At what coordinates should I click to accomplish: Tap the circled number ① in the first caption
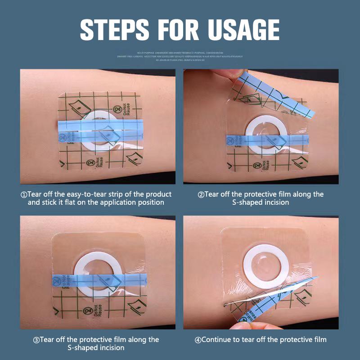(x=24, y=194)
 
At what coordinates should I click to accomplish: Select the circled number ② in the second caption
(x=201, y=194)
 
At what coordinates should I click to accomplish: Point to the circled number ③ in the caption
(x=36, y=340)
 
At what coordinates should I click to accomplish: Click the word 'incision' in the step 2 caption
(x=274, y=202)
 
